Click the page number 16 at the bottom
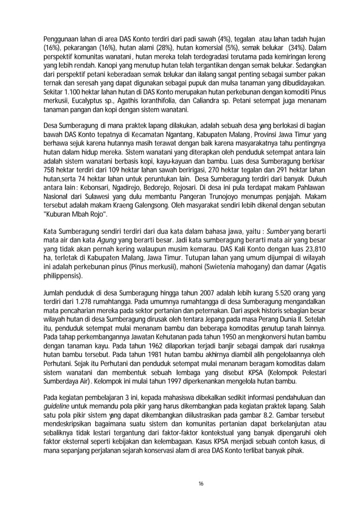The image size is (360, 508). [181, 484]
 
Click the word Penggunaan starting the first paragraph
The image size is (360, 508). [63, 38]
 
